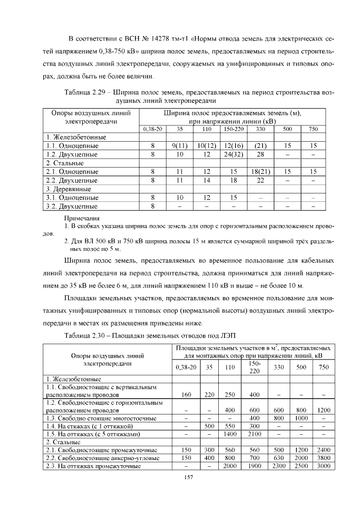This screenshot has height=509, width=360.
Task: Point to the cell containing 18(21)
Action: pos(260,171)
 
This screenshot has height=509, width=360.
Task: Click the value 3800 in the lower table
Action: pos(323,458)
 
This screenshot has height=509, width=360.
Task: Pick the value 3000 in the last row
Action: pos(323,466)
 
